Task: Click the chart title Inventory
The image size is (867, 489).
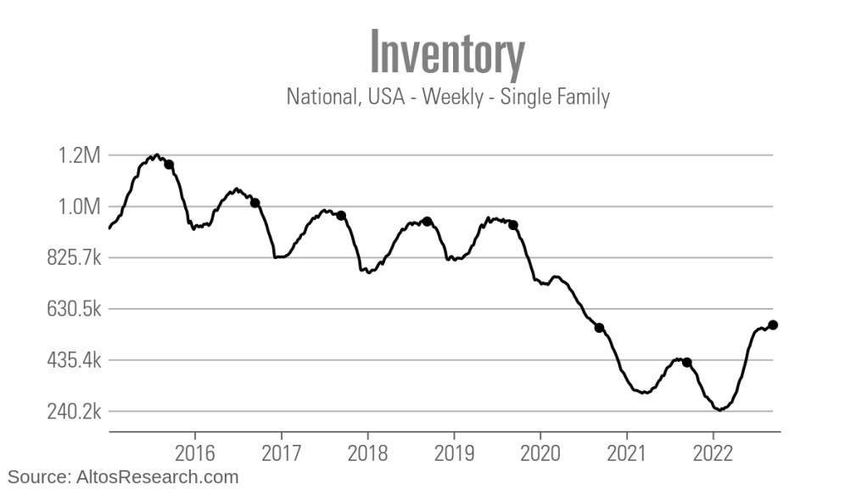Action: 448,53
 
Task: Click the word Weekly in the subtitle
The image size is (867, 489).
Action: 453,97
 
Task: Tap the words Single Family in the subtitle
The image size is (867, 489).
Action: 555,97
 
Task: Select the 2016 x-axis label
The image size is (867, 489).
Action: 194,450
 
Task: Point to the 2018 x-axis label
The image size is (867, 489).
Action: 367,450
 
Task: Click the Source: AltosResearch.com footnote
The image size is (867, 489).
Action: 124,477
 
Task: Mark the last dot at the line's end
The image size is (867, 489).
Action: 773,324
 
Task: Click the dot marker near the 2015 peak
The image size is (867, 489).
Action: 169,165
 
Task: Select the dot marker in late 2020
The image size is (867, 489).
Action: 599,328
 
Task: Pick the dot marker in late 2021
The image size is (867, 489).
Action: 687,363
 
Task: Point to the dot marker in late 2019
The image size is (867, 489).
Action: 512,225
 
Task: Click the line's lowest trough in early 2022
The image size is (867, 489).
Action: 719,409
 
